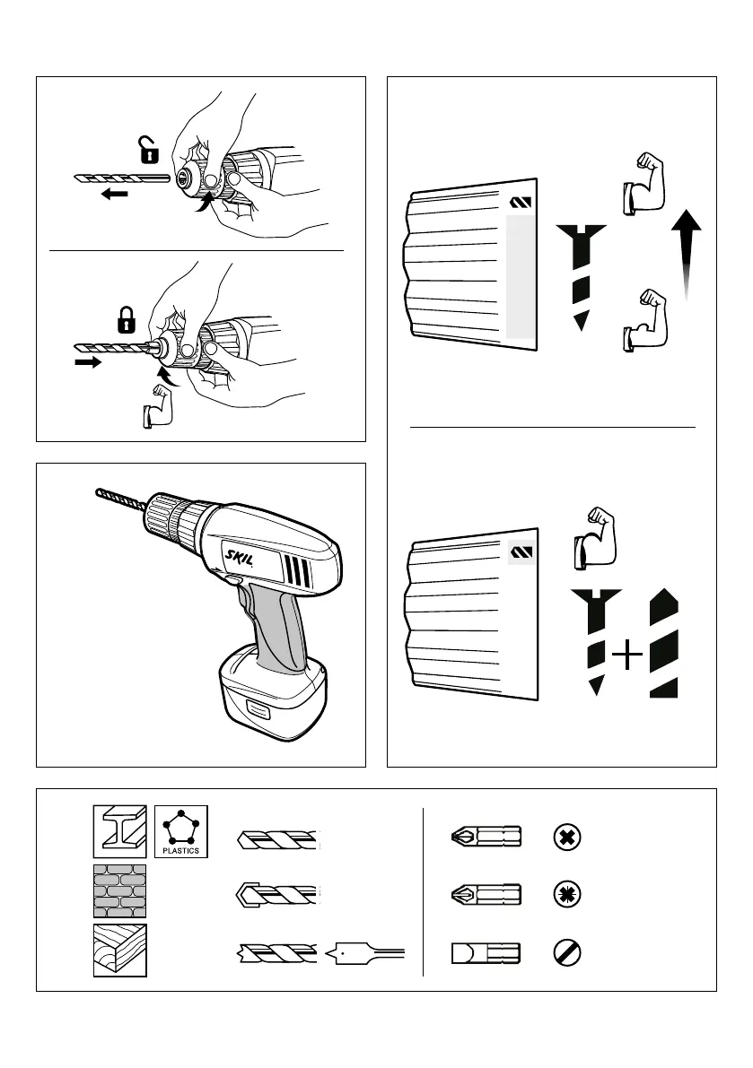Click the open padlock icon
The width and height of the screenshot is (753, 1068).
tap(148, 151)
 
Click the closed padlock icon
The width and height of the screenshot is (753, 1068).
tap(127, 318)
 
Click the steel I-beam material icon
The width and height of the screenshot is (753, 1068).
tap(119, 831)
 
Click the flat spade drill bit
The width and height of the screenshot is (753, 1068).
tap(369, 953)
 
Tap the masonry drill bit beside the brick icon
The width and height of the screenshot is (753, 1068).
tap(277, 895)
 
